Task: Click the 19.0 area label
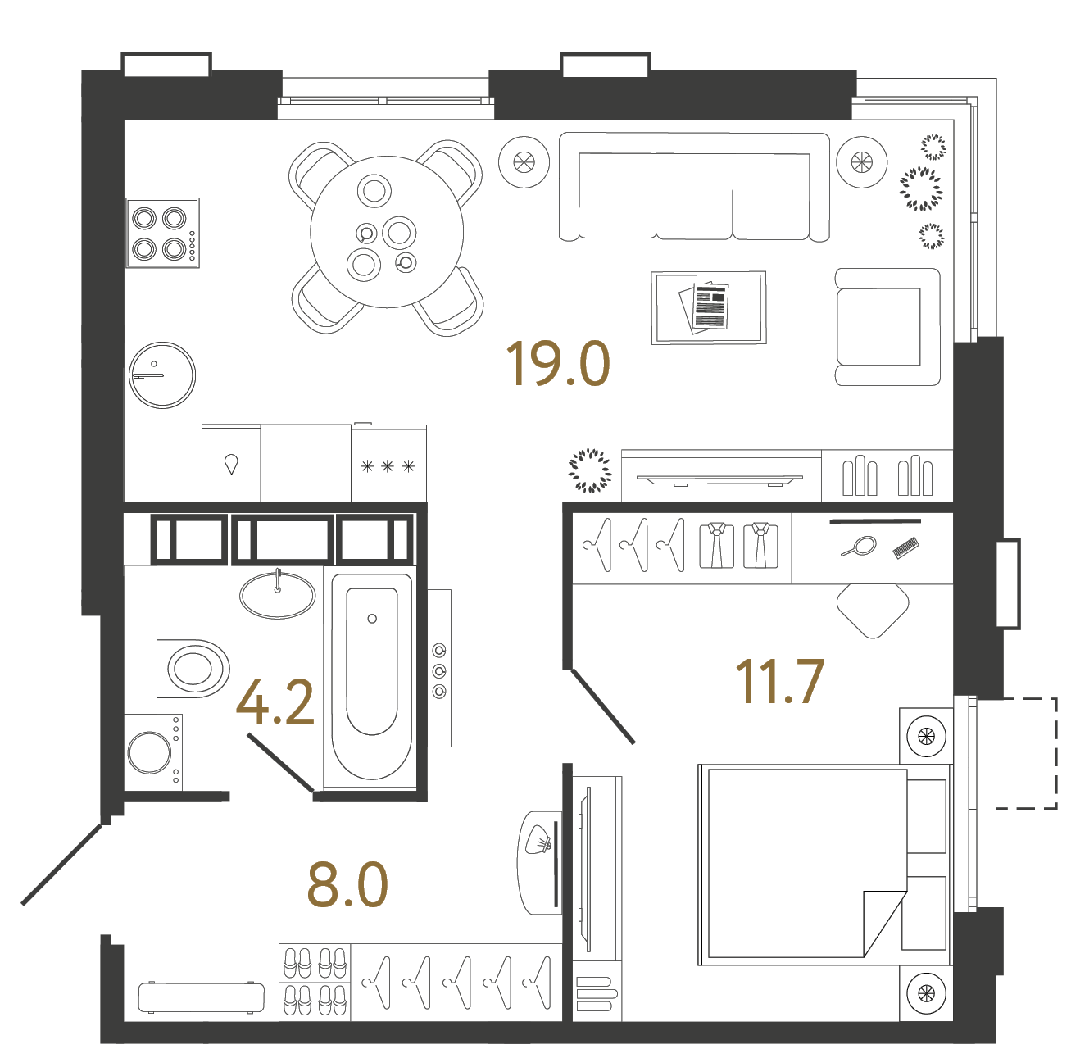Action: click(558, 364)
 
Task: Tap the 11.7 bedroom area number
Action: click(778, 682)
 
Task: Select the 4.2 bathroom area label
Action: click(275, 703)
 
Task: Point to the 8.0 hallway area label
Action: click(347, 885)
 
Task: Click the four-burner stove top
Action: click(162, 233)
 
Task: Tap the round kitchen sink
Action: click(162, 375)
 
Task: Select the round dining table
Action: click(386, 233)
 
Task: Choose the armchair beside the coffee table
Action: click(885, 327)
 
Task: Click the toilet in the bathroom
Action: click(195, 667)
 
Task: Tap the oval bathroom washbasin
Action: click(277, 595)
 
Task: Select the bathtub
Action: click(371, 676)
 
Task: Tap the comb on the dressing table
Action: click(905, 547)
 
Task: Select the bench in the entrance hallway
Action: click(202, 997)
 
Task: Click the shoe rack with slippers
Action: click(315, 982)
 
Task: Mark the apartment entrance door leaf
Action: click(61, 865)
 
